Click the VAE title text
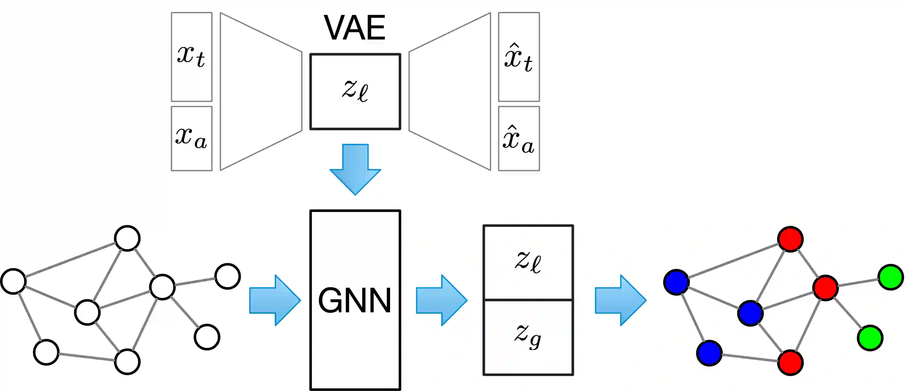(355, 28)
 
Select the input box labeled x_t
(191, 57)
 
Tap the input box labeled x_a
(191, 139)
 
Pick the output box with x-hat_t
(519, 57)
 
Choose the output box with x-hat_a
(519, 139)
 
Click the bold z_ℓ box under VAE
(355, 92)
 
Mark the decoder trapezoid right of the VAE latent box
(450, 91)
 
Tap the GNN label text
(355, 300)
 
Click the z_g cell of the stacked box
(528, 337)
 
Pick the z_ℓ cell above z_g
(528, 262)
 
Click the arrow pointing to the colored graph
(620, 300)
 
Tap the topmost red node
(790, 239)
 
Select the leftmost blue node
(676, 282)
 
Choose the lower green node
(870, 338)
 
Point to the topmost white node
(127, 238)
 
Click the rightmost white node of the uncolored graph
(228, 276)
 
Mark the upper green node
(891, 277)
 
